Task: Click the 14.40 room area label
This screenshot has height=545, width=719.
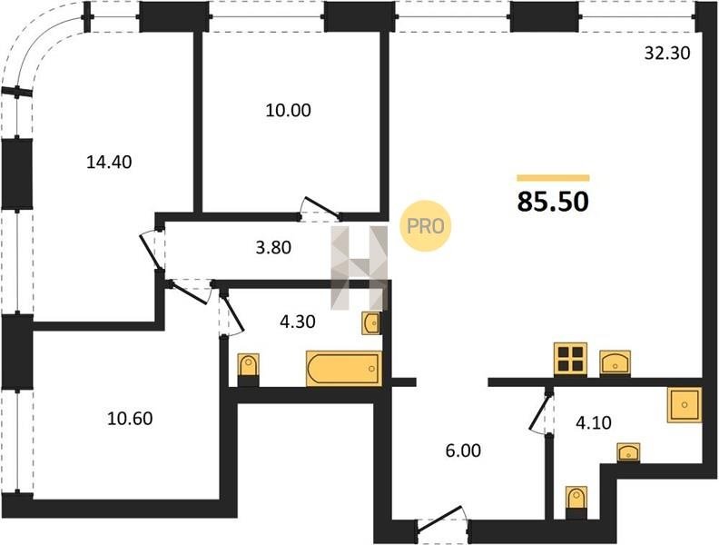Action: (x=109, y=162)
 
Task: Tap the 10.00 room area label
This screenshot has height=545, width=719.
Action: (x=288, y=110)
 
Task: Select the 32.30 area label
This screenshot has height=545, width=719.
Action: (x=667, y=54)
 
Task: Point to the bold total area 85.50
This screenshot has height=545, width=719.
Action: (x=553, y=202)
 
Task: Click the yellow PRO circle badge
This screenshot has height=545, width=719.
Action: (x=426, y=225)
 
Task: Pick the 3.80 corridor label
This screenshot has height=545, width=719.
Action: (x=273, y=248)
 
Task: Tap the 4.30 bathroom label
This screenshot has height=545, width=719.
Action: (x=297, y=322)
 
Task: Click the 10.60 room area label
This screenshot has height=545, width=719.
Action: (x=130, y=419)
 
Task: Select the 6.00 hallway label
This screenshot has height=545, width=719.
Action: (x=463, y=451)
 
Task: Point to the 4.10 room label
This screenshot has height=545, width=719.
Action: (x=594, y=422)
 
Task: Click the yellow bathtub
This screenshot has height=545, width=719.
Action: (x=344, y=369)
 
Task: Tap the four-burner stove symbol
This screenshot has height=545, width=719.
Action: (x=570, y=359)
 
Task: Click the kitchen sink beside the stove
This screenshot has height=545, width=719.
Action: (x=615, y=363)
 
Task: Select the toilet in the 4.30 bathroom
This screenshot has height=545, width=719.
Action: (x=249, y=370)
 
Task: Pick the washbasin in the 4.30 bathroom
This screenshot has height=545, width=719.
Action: (x=370, y=323)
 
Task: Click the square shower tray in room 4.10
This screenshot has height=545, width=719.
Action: (x=685, y=404)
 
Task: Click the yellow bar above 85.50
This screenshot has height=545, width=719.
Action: (x=553, y=178)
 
